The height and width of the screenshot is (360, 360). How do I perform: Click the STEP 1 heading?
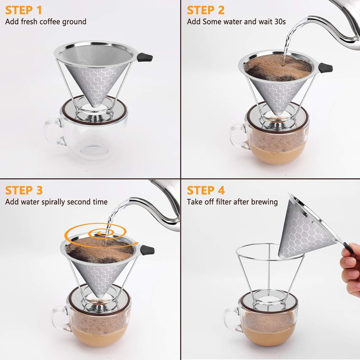tap(24, 10)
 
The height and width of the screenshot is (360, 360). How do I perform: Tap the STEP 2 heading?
tap(206, 10)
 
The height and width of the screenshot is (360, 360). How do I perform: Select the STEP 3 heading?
tap(24, 190)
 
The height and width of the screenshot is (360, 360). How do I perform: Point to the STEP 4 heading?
tap(206, 190)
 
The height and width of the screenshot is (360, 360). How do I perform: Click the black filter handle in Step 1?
tap(145, 57)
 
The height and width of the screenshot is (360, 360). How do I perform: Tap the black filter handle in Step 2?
tap(325, 68)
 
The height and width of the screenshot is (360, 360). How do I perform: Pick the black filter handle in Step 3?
tap(147, 250)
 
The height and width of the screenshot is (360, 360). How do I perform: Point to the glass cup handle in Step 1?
tap(53, 131)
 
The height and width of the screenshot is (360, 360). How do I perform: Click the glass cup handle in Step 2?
tap(238, 137)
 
